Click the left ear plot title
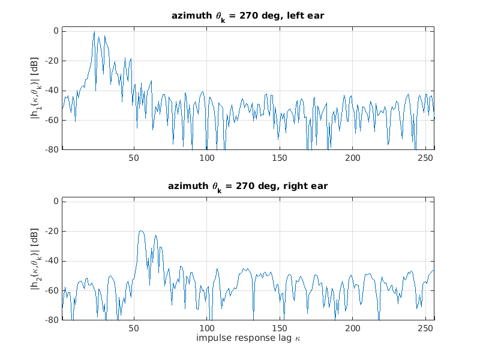pyautogui.click(x=248, y=16)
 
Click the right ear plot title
pyautogui.click(x=248, y=187)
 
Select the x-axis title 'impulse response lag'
pyautogui.click(x=248, y=338)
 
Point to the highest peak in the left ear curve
pyautogui.click(x=94, y=32)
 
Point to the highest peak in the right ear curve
pyautogui.click(x=141, y=231)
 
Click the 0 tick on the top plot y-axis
pyautogui.click(x=55, y=31)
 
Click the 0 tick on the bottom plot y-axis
pyautogui.click(x=55, y=202)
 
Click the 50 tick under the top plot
pyautogui.click(x=134, y=158)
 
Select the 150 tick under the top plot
pyautogui.click(x=280, y=158)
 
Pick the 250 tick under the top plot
pyautogui.click(x=426, y=158)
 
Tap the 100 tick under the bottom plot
pyautogui.click(x=207, y=329)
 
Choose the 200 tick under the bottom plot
pyautogui.click(x=353, y=329)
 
